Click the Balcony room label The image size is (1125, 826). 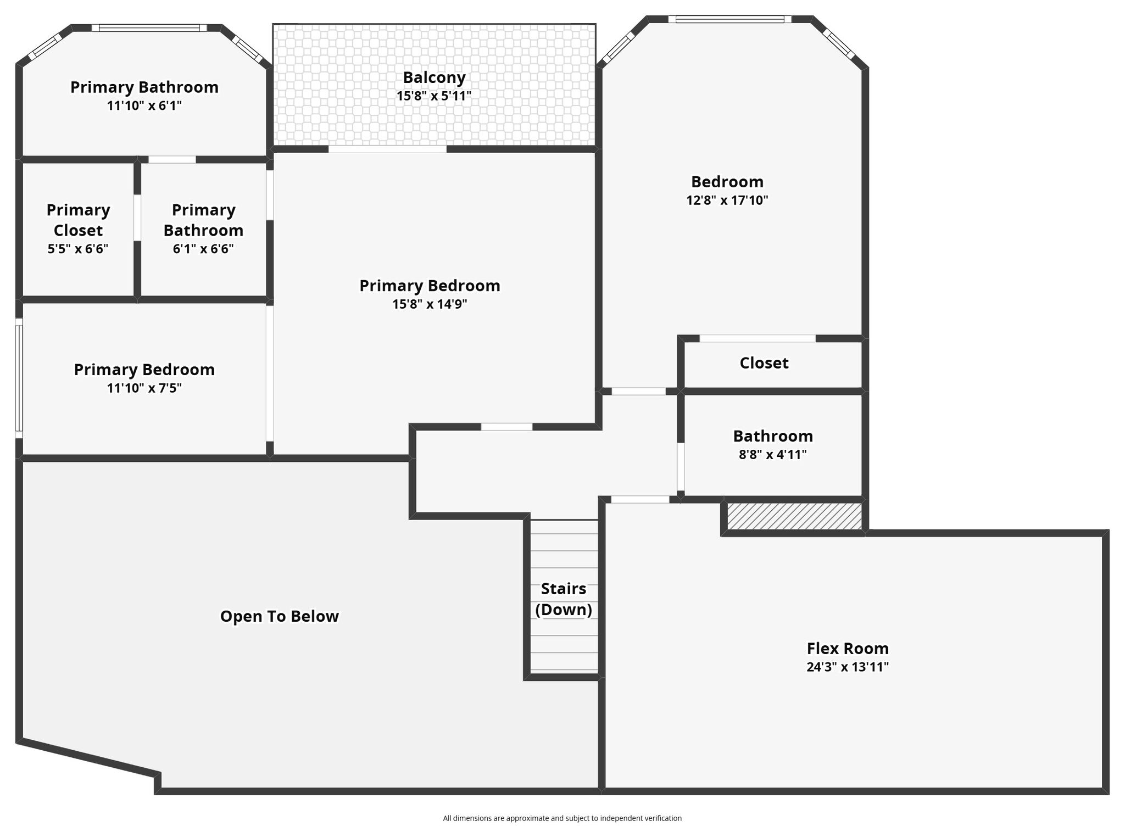coord(434,77)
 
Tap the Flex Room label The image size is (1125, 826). coord(848,648)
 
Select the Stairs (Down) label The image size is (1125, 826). coord(564,599)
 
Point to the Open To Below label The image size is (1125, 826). coord(280,616)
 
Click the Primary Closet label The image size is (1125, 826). coord(78,220)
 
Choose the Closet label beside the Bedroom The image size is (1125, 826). coord(764,362)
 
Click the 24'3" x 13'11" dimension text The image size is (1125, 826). coord(848,667)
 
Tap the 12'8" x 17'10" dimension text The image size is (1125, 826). coord(727,200)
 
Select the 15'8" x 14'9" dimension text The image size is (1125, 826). coord(430,304)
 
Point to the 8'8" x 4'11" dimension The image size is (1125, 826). coord(773,454)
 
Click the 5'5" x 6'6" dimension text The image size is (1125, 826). coord(78,249)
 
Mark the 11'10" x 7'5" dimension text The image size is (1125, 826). coord(144,388)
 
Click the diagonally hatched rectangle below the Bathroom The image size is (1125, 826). coord(794,516)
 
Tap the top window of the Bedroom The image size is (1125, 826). coord(729,19)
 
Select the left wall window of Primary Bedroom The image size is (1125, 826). coord(19,378)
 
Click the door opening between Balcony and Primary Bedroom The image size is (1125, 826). coord(387,149)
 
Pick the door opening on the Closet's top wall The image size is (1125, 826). coord(758,338)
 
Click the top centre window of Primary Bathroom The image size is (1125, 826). coord(149,28)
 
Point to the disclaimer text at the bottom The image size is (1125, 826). coord(562,818)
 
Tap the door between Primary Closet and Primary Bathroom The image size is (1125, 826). coord(137,217)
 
